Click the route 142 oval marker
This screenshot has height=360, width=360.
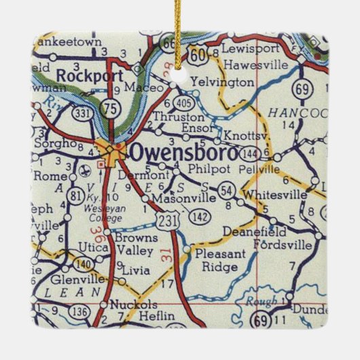click(x=199, y=217)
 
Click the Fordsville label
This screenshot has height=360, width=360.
click(x=282, y=243)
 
